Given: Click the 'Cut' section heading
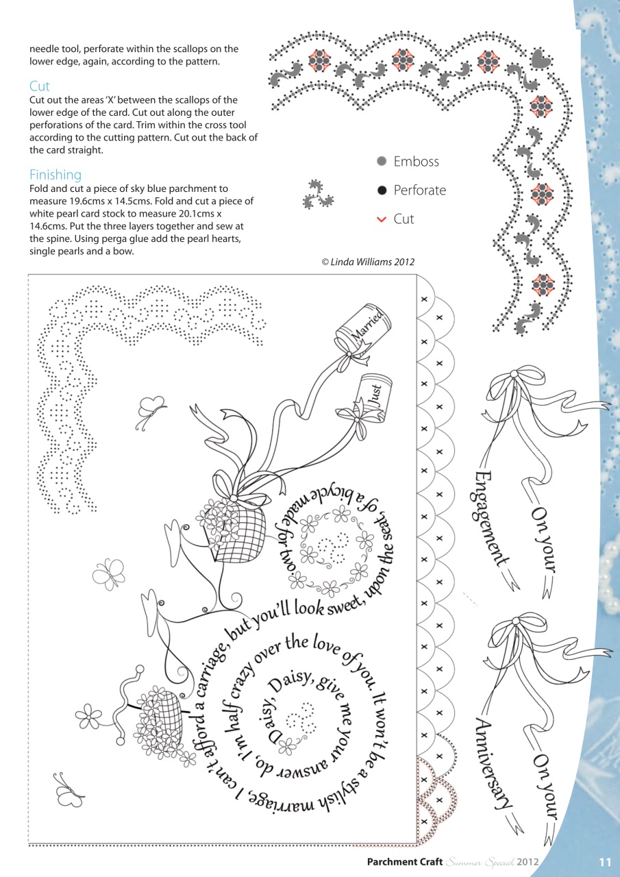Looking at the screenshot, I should pyautogui.click(x=40, y=86).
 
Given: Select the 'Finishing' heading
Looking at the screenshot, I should pyautogui.click(x=55, y=175).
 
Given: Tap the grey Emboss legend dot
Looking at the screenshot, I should pyautogui.click(x=382, y=162).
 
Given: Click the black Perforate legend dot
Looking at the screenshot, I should pyautogui.click(x=382, y=190).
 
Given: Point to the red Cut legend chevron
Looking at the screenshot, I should pyautogui.click(x=382, y=219).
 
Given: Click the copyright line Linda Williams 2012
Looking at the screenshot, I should pyautogui.click(x=368, y=262).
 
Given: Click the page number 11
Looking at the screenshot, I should pyautogui.click(x=604, y=862).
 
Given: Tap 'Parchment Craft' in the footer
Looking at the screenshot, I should pyautogui.click(x=405, y=862).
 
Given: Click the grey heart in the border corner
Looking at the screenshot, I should pyautogui.click(x=541, y=58).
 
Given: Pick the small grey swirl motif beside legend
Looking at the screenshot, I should pyautogui.click(x=317, y=195).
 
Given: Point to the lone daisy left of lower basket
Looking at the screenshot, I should pyautogui.click(x=88, y=716).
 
